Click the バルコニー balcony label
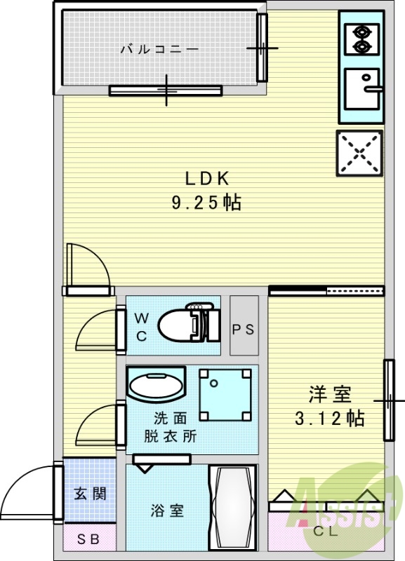point(159,49)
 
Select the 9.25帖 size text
point(207,203)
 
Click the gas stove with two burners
point(362,39)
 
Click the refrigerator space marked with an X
point(360,152)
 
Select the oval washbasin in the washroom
point(156,386)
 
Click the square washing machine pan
point(225,396)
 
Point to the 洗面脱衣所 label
point(171,427)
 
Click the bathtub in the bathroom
point(234,508)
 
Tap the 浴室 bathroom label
point(168,511)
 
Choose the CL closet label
point(325,530)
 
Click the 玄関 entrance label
point(90,494)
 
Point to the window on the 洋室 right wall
point(387,400)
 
